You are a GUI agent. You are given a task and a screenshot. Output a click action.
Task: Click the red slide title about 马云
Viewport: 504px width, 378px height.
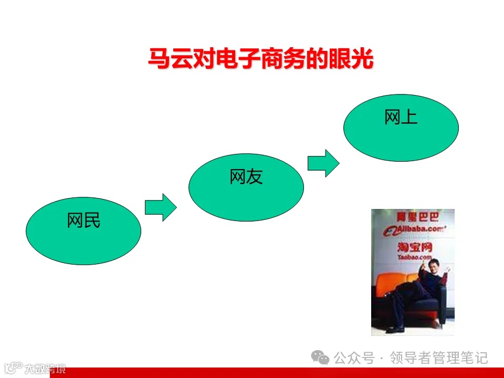pyautogui.click(x=260, y=59)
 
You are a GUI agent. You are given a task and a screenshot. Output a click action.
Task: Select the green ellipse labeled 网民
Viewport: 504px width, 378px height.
pyautogui.click(x=83, y=231)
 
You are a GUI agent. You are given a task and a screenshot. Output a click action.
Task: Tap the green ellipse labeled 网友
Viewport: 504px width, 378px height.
pyautogui.click(x=246, y=187)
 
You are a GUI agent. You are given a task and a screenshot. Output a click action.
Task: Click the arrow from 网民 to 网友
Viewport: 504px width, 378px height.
pyautogui.click(x=161, y=207)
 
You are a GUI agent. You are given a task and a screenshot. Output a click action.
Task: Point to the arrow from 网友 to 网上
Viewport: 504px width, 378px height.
pyautogui.click(x=323, y=163)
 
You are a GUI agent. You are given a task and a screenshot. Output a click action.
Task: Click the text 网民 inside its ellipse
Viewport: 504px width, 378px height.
pyautogui.click(x=83, y=221)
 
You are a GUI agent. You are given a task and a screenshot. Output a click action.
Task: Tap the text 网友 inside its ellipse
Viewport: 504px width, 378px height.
pyautogui.click(x=246, y=177)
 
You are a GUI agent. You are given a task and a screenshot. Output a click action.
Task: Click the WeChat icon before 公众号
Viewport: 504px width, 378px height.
pyautogui.click(x=320, y=358)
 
